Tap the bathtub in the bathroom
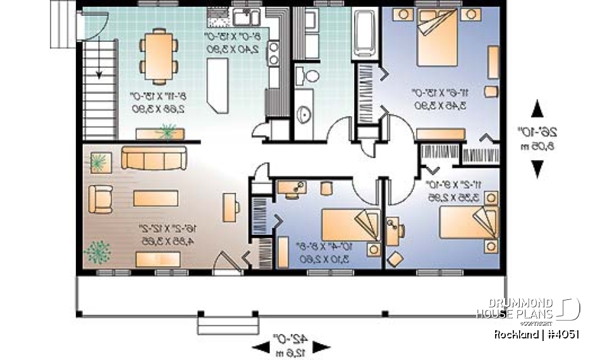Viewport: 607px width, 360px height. (365, 32)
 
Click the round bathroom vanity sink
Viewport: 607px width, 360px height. (303, 115)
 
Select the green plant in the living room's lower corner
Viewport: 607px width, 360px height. (97, 252)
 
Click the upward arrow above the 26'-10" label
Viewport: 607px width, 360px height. (537, 109)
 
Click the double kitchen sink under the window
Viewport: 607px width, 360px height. (243, 16)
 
